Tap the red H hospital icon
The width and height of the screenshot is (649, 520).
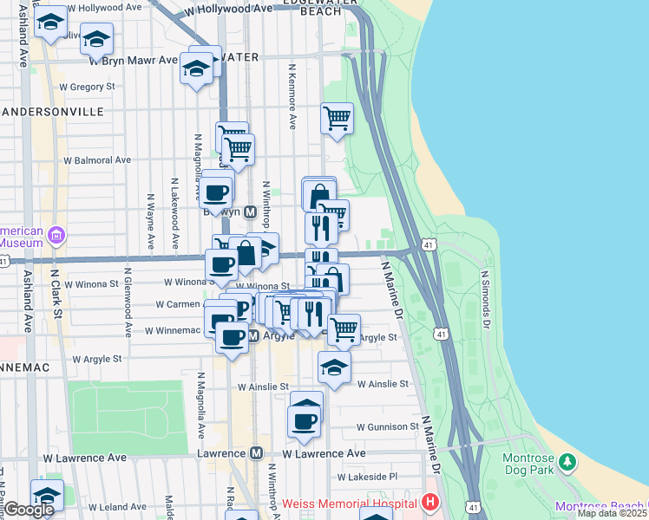429,503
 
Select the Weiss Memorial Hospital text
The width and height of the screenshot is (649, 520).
351,504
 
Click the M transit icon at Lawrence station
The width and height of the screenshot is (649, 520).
256,453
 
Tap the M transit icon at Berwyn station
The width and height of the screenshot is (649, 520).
249,211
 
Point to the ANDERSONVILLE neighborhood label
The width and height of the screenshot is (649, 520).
52,112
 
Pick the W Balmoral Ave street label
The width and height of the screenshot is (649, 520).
96,160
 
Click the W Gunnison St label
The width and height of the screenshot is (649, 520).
389,427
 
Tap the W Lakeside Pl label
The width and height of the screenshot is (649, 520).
367,477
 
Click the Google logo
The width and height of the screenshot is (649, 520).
29,510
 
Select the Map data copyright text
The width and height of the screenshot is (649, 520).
613,513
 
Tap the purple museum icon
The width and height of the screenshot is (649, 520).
56,235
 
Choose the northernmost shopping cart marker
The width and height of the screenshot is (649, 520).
337,118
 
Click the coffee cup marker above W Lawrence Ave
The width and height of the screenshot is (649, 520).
305,420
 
